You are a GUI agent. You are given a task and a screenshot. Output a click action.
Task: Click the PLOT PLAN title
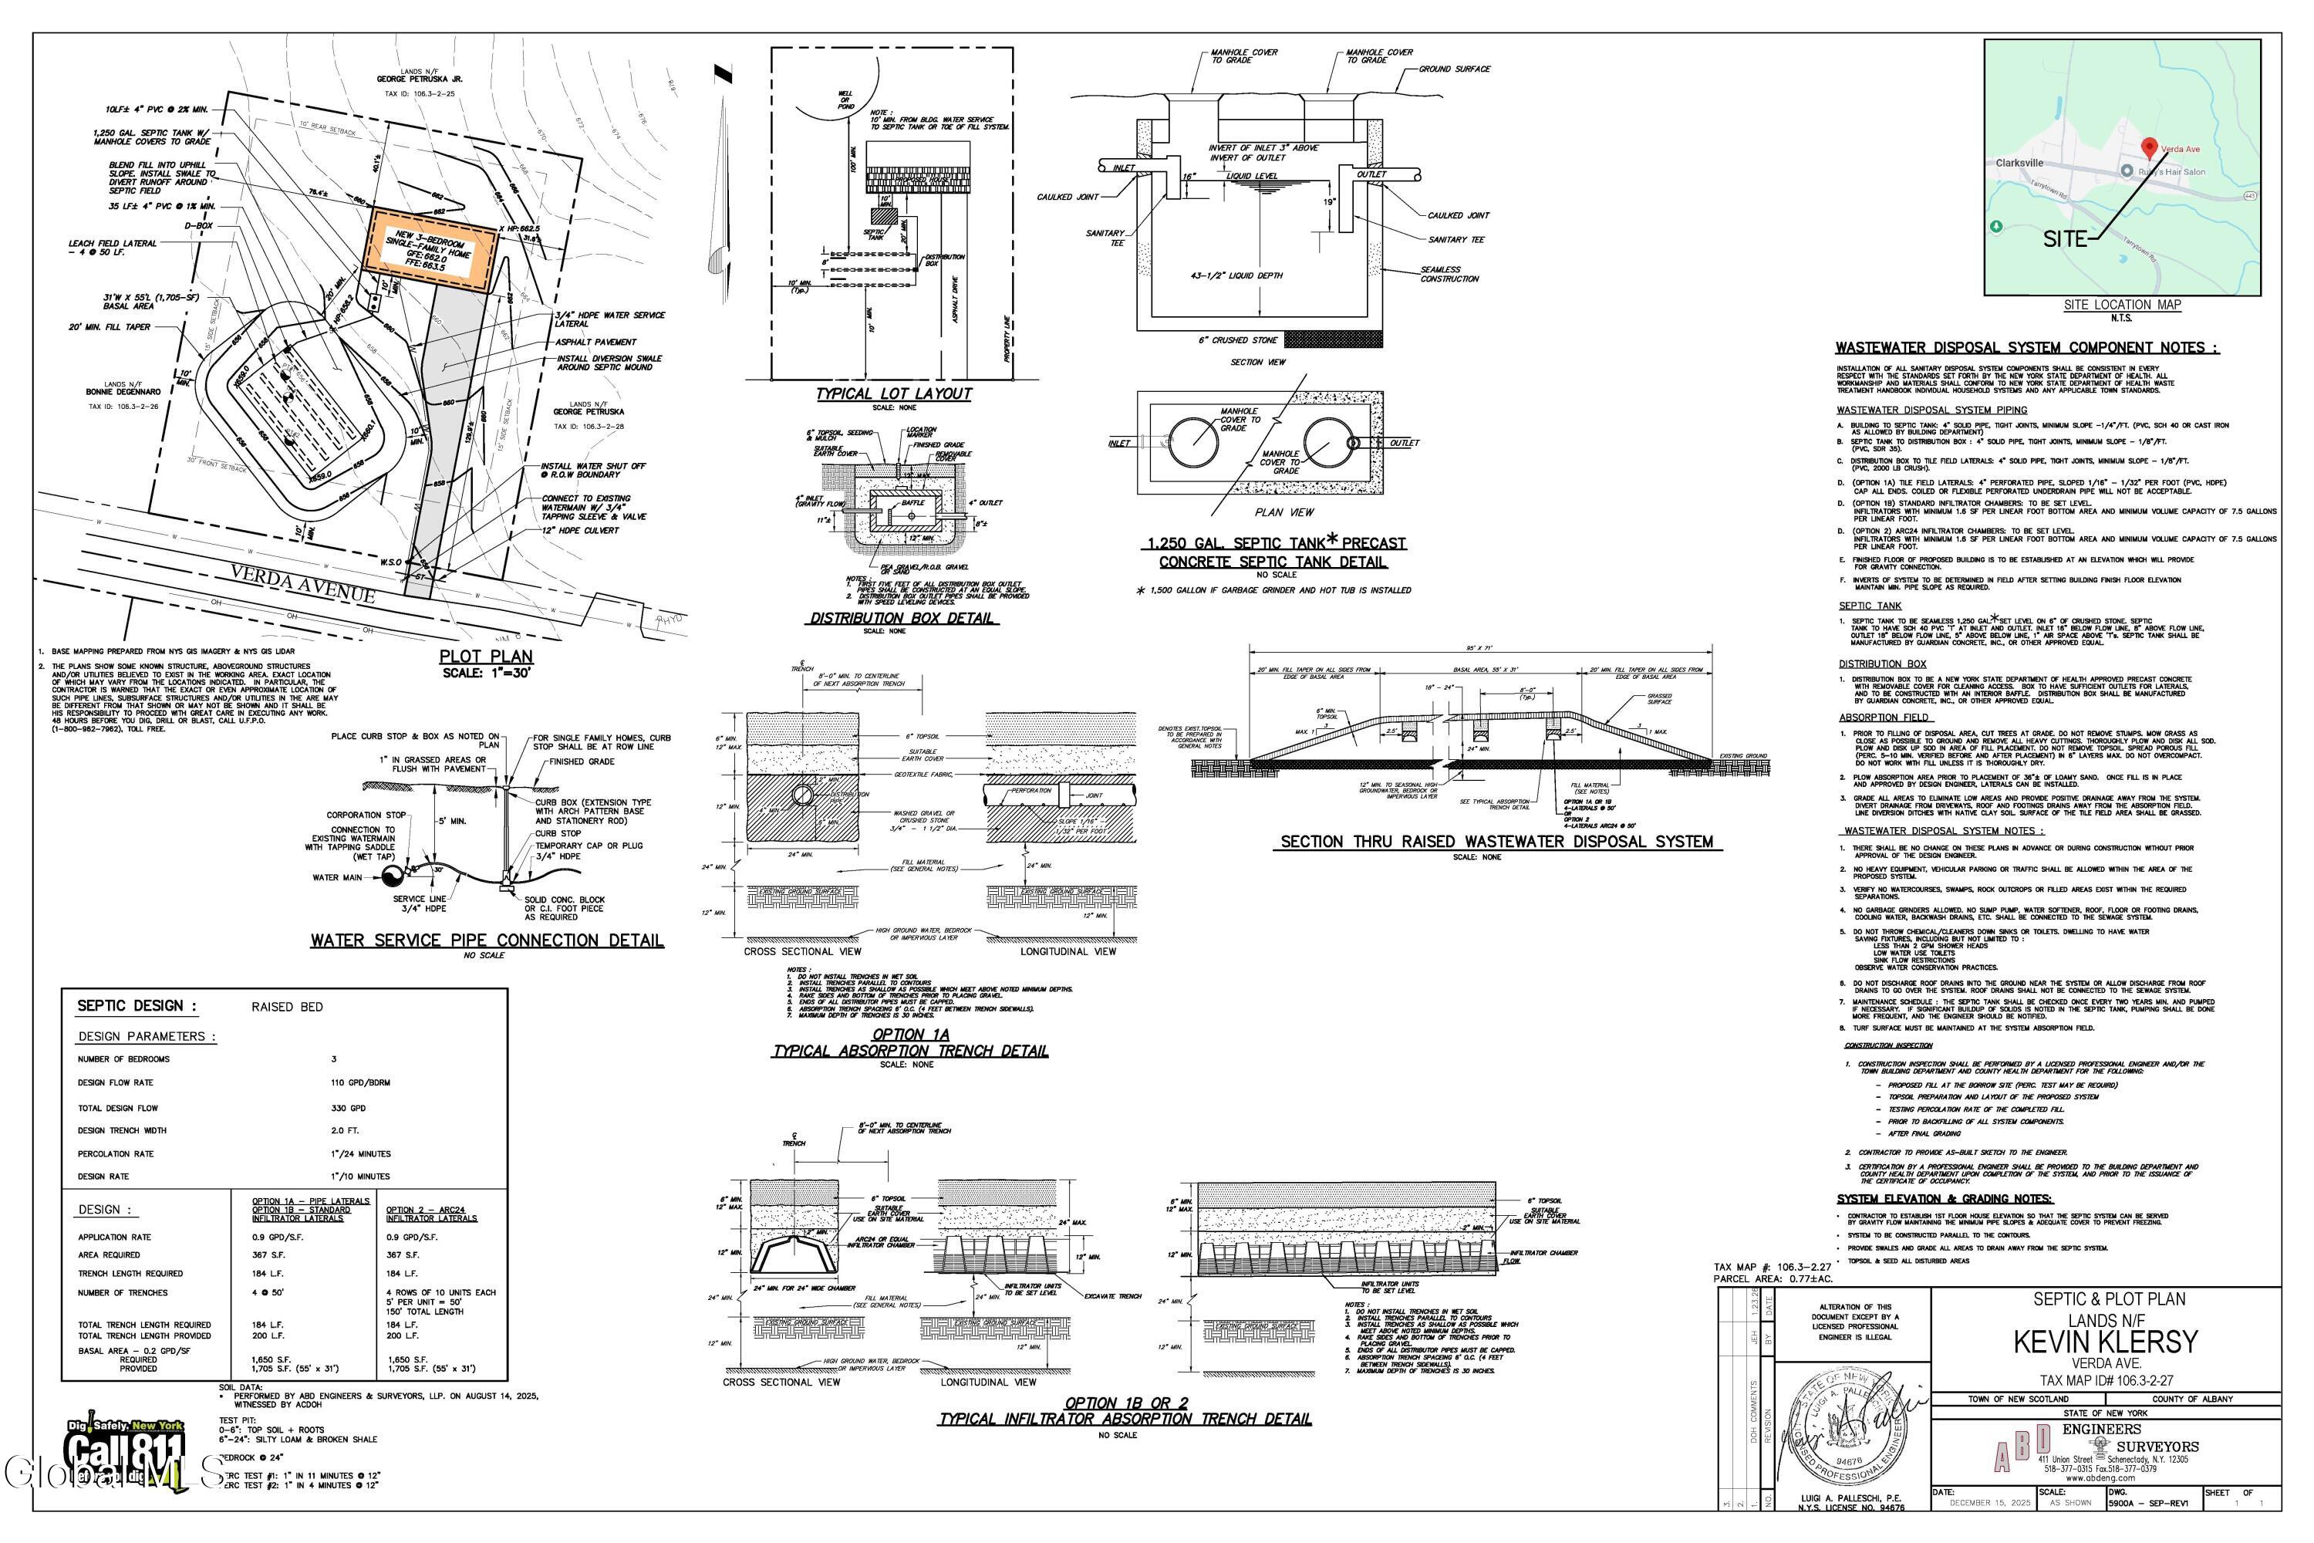point(486,657)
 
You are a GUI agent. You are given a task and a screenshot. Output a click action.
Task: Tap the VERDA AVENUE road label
point(303,582)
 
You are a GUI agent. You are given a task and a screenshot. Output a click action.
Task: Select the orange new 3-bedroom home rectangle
point(432,253)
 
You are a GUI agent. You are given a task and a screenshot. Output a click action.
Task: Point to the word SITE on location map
point(2064,239)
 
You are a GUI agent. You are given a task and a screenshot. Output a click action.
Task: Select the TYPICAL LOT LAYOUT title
point(892,393)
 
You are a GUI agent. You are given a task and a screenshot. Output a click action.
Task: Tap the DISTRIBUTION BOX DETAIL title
point(901,618)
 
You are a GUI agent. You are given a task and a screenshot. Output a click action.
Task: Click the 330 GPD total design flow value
point(349,1108)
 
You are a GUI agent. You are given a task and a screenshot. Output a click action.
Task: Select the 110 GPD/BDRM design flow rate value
point(361,1082)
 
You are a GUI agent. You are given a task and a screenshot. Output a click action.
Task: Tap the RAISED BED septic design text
point(287,1007)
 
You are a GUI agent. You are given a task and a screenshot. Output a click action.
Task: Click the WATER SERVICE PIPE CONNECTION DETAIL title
point(487,940)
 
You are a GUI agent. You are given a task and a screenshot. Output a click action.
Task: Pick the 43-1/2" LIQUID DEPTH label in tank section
point(1236,275)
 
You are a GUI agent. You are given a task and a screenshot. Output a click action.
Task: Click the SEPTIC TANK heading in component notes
point(1869,605)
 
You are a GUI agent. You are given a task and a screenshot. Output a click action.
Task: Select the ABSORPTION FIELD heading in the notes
point(1883,717)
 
